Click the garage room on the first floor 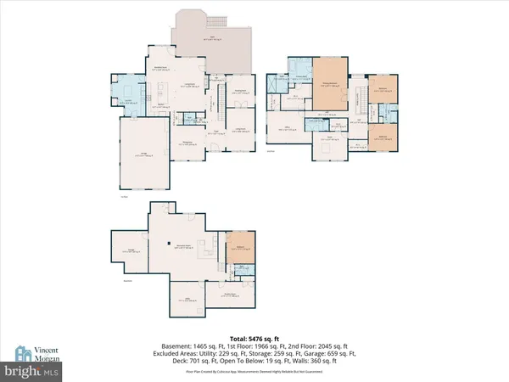pos(143,153)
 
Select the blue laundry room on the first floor pos(126,90)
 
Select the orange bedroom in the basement pos(241,246)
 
